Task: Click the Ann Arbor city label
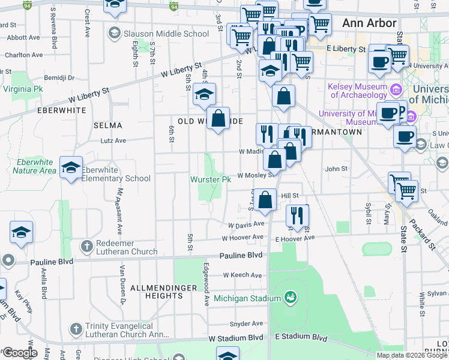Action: coord(369,23)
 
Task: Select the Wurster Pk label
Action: coord(211,179)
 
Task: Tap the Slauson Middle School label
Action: coord(166,34)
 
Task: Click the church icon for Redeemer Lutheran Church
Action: coord(88,246)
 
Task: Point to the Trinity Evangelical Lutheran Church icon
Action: coord(76,328)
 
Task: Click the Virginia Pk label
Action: coord(23,89)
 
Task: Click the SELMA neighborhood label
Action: coord(108,125)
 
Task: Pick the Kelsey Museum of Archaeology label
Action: coord(358,91)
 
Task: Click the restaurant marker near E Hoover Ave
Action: coord(297,217)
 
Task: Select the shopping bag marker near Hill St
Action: coord(265,199)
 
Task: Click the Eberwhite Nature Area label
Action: coord(34,166)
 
